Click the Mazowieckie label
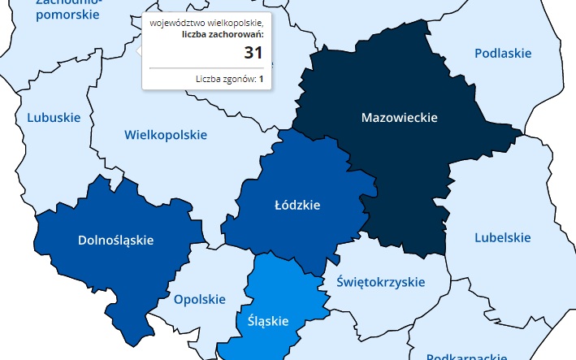399,118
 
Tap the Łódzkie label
297,206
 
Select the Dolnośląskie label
115,240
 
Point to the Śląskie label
267,321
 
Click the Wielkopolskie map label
165,134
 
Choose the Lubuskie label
54,117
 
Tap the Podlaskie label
502,54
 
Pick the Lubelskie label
502,237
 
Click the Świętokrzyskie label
380,282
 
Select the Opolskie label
199,299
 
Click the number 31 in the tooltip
253,53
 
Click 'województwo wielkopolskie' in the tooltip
206,23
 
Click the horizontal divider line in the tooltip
206,68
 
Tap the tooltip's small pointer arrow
140,50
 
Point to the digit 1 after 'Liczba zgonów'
261,79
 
